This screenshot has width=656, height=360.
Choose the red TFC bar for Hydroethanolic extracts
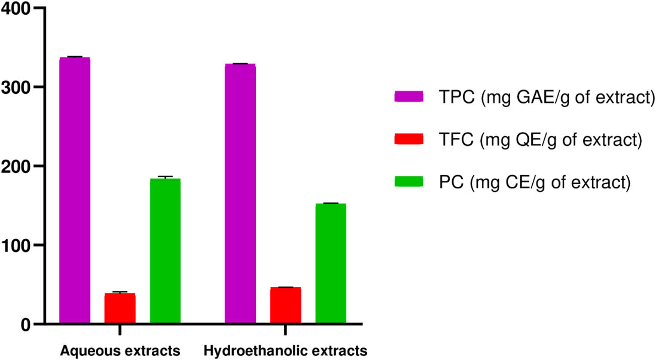pos(285,305)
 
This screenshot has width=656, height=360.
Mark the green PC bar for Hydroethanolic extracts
pos(331,263)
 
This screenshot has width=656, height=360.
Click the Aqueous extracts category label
pos(120,350)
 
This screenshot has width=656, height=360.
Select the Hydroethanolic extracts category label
pos(285,350)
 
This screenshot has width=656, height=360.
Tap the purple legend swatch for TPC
pos(408,96)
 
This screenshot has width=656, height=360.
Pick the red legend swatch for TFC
pos(408,139)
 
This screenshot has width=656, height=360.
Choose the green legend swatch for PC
pos(408,182)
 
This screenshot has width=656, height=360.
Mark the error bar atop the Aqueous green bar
pos(165,177)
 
